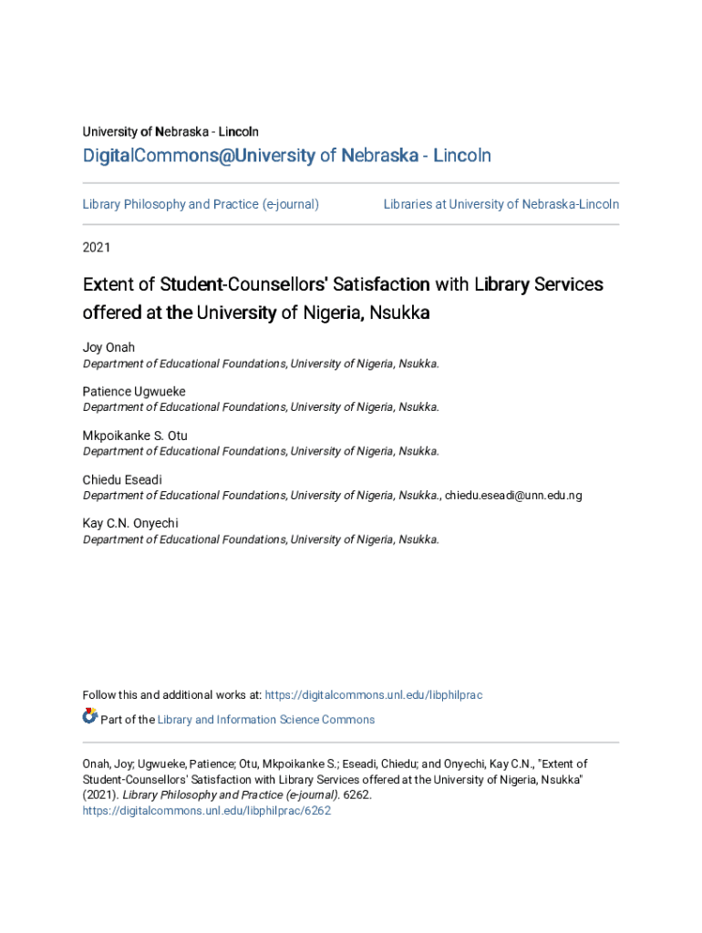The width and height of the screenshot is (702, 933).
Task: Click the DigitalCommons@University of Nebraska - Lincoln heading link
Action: tap(286, 156)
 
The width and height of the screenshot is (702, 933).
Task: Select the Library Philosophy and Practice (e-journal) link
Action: tap(201, 204)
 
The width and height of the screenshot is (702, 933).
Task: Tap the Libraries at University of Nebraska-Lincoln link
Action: tap(501, 204)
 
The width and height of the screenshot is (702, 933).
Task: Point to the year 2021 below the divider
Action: tap(97, 247)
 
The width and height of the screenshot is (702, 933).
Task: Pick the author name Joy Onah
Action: tap(108, 348)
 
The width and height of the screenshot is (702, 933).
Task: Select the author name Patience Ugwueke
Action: tap(134, 392)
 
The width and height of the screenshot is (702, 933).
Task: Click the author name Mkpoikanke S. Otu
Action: tap(135, 436)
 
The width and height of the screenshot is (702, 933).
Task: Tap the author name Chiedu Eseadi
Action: tap(122, 479)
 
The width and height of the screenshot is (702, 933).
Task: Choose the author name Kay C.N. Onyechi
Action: tap(130, 523)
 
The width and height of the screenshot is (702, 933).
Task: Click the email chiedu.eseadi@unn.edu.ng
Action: tap(513, 496)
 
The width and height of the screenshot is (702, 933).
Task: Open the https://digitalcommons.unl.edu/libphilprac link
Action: tap(373, 695)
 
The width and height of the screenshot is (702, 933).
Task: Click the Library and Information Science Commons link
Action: tap(265, 720)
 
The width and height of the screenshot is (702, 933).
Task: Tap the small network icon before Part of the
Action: tap(89, 717)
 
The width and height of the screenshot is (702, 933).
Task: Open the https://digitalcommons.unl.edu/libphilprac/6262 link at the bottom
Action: tap(206, 810)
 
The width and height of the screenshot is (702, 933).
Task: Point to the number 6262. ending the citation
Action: tap(357, 795)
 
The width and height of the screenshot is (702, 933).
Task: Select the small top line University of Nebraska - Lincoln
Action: tap(170, 132)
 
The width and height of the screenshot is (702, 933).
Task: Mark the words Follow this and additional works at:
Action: tap(172, 695)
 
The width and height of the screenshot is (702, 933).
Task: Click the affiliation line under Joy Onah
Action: tap(261, 364)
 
